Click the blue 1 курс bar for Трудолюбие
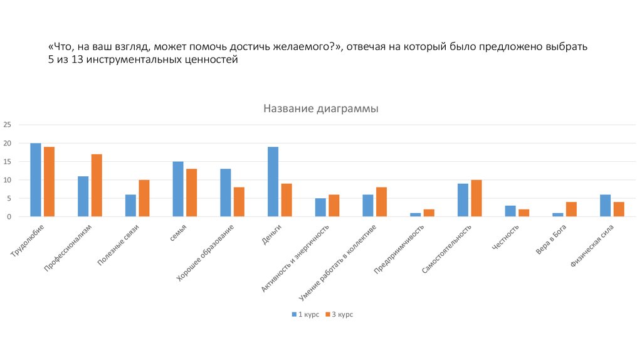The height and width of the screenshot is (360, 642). [36, 180]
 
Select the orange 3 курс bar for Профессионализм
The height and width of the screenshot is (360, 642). [97, 186]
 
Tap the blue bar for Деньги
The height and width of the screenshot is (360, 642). [273, 182]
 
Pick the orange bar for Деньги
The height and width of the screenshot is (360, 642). [287, 200]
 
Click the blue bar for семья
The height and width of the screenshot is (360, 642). [178, 189]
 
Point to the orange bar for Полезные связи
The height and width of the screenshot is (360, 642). [144, 198]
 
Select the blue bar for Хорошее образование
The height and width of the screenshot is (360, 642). [226, 193]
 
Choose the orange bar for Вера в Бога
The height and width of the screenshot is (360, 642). [571, 209]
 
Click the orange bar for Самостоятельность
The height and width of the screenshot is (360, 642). [476, 198]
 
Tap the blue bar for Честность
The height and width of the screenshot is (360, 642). [510, 211]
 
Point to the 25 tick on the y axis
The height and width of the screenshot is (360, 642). [8, 125]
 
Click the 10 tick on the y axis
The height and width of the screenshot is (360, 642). [8, 180]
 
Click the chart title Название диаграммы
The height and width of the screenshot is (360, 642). [320, 109]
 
